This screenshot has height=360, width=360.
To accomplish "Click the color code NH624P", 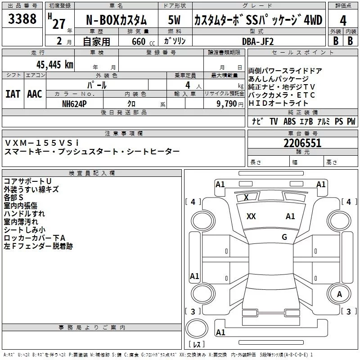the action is pyautogui.click(x=75, y=103).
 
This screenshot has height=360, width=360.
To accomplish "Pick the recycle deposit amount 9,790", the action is pyautogui.click(x=229, y=103).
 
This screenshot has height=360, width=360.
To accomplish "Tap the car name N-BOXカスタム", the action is pyautogui.click(x=117, y=20).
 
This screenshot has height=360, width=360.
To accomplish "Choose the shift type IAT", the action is pyautogui.click(x=13, y=94).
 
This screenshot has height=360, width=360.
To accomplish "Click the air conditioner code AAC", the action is pyautogui.click(x=35, y=94).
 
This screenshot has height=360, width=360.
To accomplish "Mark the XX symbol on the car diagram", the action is pyautogui.click(x=251, y=216).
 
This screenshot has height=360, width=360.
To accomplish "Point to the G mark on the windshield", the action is pyautogui.click(x=284, y=237).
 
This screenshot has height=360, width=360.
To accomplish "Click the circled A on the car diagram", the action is pyautogui.click(x=340, y=294).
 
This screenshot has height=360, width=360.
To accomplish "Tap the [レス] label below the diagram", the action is pyautogui.click(x=197, y=345).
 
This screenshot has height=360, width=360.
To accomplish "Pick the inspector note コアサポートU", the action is pyautogui.click(x=27, y=181).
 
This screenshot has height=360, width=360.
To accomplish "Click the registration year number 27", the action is pyautogui.click(x=59, y=24).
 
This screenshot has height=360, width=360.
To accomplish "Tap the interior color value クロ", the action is pyautogui.click(x=131, y=103).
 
